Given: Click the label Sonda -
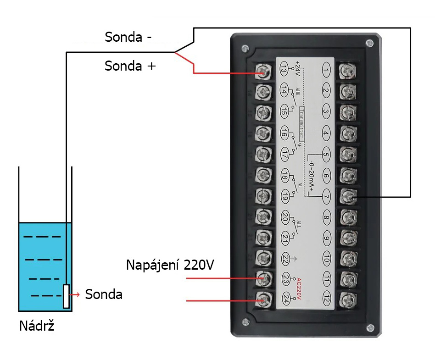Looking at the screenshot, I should click(x=128, y=37).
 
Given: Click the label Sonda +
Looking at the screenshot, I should click(x=130, y=66).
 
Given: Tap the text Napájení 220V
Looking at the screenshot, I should click(x=170, y=265).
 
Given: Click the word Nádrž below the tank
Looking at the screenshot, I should click(x=36, y=326).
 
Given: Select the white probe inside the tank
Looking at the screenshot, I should click(x=67, y=296).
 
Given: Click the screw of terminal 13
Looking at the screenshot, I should click(x=262, y=71).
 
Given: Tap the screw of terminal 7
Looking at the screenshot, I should click(x=347, y=196).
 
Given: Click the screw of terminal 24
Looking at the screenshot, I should click(x=262, y=300).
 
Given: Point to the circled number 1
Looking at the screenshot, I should click(x=326, y=71).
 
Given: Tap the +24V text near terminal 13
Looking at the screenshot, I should click(x=298, y=68).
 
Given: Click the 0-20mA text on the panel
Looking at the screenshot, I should click(x=312, y=176).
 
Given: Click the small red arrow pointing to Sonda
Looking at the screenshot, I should click(x=78, y=294).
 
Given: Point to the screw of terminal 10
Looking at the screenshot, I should click(x=347, y=258).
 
